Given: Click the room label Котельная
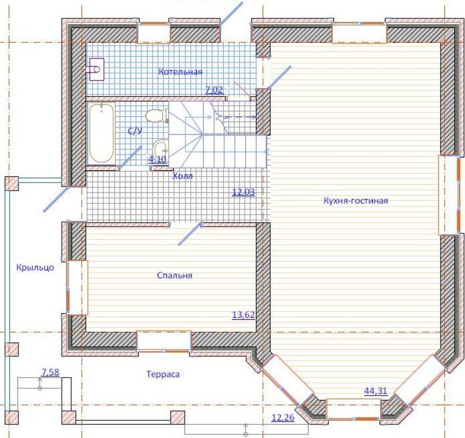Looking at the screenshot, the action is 180,72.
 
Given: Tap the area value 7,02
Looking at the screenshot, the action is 214,90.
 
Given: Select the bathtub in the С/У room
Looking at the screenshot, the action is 101,133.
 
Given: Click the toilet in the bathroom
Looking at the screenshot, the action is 157,116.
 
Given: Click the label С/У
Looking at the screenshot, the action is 135,131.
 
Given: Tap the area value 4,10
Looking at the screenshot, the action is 158,159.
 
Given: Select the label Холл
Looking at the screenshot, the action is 183,176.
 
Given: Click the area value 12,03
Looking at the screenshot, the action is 243,192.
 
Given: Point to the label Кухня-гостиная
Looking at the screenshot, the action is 356,201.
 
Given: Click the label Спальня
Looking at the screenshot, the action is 175,276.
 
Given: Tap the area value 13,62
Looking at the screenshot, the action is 243,315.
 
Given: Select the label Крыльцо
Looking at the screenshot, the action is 35,268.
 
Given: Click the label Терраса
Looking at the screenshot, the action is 163,374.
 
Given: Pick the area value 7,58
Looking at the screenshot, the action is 50,372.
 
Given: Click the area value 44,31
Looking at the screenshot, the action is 376,391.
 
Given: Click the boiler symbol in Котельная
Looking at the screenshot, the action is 97,69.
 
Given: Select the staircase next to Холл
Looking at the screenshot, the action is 218,134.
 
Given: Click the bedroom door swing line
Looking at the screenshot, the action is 190,234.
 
